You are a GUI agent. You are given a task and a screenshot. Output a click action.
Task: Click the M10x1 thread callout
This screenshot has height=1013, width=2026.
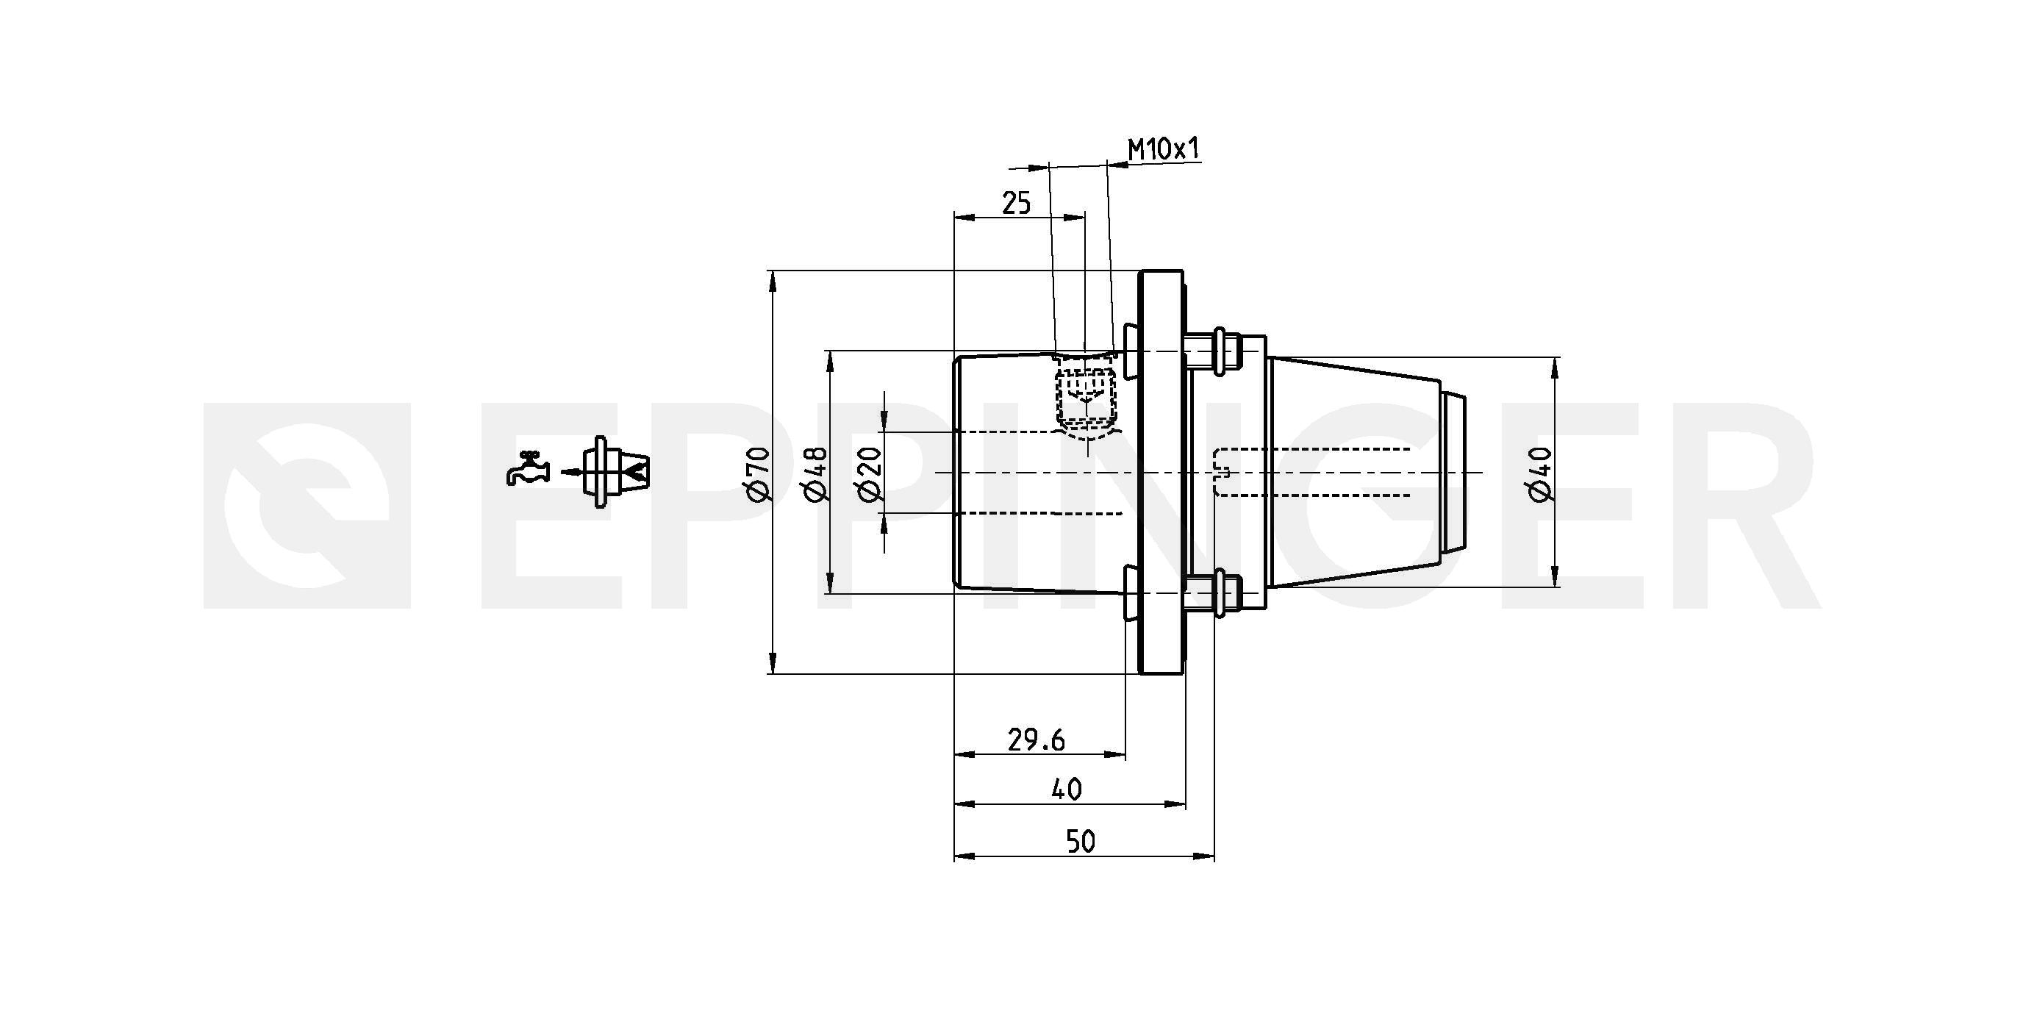coord(1164,149)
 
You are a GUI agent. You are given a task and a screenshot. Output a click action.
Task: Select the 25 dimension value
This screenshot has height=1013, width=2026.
coord(1016,204)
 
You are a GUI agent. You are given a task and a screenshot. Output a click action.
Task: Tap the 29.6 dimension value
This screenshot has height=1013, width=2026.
coord(1036,740)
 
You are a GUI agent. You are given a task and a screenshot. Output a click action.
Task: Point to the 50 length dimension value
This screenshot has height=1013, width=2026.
coord(1081,842)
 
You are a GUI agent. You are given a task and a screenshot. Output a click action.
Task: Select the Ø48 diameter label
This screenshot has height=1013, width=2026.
coord(814,473)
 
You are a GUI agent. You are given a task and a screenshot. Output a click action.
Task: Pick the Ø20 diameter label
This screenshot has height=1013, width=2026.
coord(870,473)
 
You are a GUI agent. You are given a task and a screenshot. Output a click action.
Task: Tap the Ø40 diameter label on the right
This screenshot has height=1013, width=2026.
coord(1539,473)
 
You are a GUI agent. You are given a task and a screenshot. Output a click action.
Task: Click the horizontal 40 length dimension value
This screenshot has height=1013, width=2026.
coord(1067,789)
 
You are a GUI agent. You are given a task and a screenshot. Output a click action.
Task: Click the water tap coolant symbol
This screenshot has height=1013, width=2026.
coord(527,469)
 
